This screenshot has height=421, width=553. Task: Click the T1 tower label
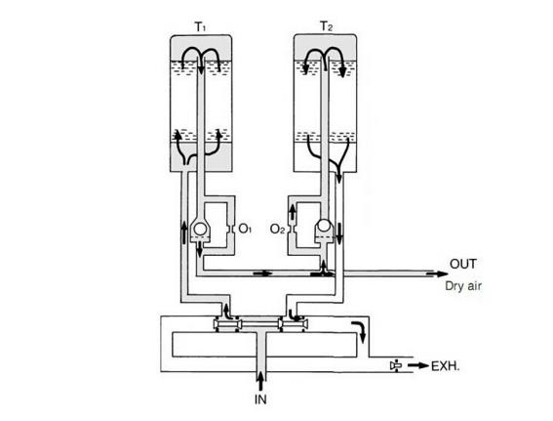tap(200, 26)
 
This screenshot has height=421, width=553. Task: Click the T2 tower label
tap(326, 26)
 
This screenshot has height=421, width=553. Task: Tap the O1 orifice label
tap(245, 229)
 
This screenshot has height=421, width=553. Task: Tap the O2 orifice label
tap(277, 229)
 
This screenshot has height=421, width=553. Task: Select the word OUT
tap(463, 264)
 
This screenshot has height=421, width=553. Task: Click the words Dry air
tap(463, 285)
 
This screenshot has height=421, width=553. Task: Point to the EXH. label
tap(446, 366)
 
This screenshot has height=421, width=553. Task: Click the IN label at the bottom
tap(260, 400)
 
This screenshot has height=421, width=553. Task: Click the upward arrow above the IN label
tap(260, 380)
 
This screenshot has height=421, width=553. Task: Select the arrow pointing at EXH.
tap(419, 366)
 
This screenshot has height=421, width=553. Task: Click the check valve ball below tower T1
tap(200, 229)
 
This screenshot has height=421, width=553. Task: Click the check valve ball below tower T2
tap(324, 226)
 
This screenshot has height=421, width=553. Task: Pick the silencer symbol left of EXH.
tap(396, 366)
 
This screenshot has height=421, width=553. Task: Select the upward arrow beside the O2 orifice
tap(293, 213)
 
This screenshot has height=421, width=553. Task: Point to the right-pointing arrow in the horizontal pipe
tap(262, 274)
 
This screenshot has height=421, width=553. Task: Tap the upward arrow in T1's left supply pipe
tap(183, 232)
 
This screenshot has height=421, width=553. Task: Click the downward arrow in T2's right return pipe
tap(339, 234)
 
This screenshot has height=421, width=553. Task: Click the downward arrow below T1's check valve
tap(199, 250)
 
